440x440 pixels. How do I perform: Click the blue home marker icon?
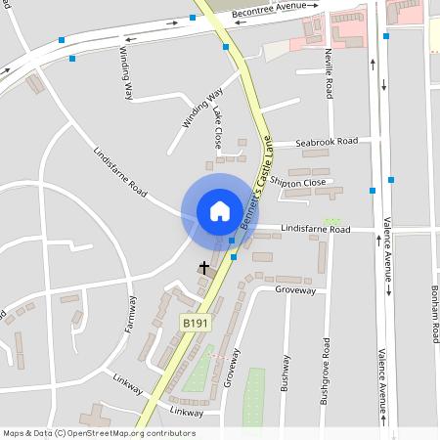click(220, 210)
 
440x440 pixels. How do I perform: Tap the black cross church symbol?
click(204, 266)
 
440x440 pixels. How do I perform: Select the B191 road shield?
click(194, 321)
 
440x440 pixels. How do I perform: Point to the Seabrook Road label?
click(326, 141)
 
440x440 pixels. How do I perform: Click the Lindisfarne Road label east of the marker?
click(315, 228)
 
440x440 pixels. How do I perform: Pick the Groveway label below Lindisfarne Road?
click(295, 290)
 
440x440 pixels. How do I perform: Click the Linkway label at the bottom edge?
click(186, 412)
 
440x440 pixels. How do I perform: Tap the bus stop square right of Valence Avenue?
click(391, 180)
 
